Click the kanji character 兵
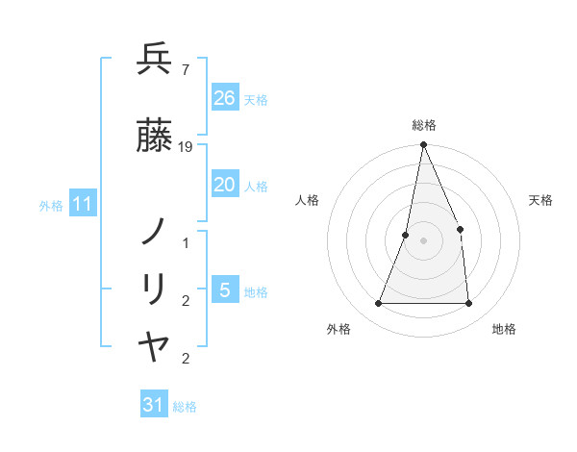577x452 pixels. point(154,60)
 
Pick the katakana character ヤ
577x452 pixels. point(154,347)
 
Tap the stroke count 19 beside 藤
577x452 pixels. point(187,146)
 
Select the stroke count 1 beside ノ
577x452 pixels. point(186,243)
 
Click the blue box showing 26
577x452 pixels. point(224,98)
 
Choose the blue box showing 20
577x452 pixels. point(224,185)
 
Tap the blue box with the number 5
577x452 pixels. point(224,290)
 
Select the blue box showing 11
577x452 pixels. point(83,204)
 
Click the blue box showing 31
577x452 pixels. point(154,405)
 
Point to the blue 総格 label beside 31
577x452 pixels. point(185,407)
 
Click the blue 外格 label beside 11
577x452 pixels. point(51,206)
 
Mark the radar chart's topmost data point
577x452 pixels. point(423,145)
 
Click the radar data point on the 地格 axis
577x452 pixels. point(468,304)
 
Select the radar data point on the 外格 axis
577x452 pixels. point(378,304)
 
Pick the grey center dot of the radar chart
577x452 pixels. point(423,240)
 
